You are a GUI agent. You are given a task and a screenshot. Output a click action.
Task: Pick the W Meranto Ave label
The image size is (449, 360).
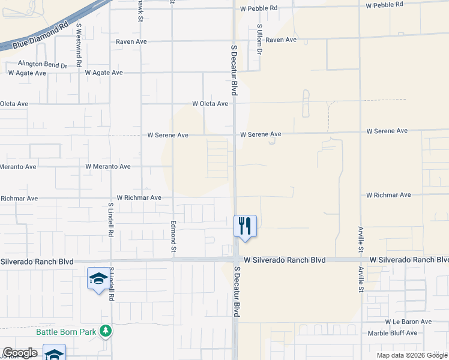tap(108, 166)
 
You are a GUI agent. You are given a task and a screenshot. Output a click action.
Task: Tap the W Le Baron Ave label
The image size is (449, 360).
tap(409, 322)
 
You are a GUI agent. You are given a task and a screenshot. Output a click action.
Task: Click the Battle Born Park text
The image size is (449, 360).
tap(67, 331)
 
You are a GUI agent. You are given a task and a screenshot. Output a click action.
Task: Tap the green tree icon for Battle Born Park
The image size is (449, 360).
tap(106, 331)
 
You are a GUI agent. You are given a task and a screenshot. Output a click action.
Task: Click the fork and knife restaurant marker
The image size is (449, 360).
tap(245, 226)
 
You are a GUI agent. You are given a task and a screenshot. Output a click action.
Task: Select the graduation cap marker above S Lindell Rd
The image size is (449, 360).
tap(99, 279)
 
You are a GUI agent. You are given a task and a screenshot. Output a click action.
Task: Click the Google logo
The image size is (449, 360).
tap(20, 353)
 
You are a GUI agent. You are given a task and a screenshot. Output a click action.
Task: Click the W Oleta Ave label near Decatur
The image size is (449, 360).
tap(210, 103)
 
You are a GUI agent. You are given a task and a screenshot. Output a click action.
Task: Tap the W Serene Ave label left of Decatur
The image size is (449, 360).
tap(168, 135)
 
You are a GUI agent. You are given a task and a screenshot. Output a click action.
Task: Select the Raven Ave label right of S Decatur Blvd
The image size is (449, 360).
tap(282, 40)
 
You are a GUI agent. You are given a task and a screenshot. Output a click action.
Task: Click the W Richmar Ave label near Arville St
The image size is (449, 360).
tap(389, 195)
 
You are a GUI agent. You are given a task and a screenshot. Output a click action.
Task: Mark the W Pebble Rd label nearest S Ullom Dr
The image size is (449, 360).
tap(259, 8)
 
